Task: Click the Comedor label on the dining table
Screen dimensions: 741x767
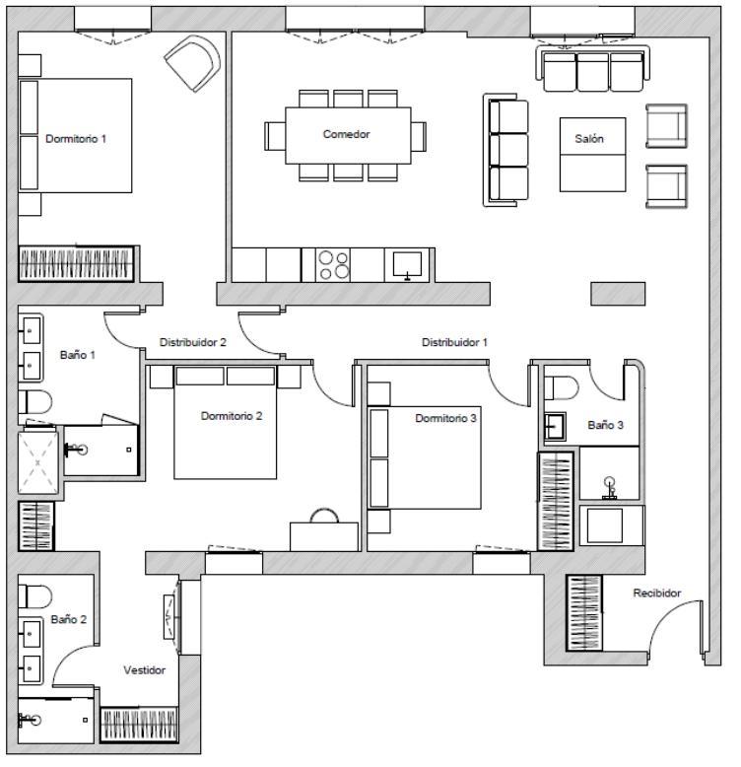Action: [x=346, y=134]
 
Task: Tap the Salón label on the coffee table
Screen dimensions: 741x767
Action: [x=589, y=139]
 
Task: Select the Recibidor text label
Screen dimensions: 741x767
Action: [x=657, y=593]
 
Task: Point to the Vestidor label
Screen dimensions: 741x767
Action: [x=144, y=670]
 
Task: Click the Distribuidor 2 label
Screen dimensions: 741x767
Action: [x=192, y=342]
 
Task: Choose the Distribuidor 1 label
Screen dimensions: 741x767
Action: [x=454, y=342]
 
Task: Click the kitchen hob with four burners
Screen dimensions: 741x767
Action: [x=333, y=265]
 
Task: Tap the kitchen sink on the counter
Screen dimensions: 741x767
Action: [x=407, y=264]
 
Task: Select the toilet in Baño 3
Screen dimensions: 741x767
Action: [x=561, y=387]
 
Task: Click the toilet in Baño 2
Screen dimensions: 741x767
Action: [x=34, y=596]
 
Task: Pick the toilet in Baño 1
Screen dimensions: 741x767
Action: [x=34, y=402]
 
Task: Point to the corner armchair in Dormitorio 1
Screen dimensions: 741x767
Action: [x=193, y=63]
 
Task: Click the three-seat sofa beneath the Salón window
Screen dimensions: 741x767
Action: [x=593, y=68]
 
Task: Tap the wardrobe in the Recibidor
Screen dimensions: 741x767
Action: [x=584, y=613]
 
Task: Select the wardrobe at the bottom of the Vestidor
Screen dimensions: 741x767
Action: [x=139, y=725]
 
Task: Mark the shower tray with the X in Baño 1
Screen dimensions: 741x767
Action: [x=38, y=462]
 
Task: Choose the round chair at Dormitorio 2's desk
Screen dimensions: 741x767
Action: [x=324, y=516]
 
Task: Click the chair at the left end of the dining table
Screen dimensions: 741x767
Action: [x=275, y=136]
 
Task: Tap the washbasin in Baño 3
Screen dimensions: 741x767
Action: [x=556, y=427]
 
